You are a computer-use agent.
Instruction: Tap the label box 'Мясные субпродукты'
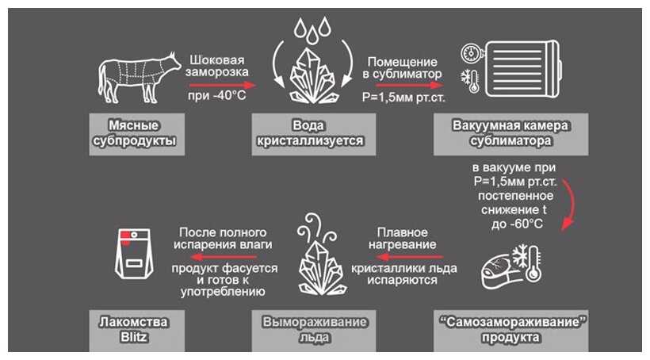137,134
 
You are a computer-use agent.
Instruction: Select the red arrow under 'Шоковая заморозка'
223,86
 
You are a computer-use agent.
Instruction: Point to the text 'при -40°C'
217,96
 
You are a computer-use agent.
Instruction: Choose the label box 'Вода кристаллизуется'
314,134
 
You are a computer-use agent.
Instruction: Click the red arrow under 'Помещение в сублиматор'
403,85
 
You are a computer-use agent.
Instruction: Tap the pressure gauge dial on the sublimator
471,53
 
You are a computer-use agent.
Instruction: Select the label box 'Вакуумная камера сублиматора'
510,134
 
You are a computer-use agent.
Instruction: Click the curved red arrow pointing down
572,203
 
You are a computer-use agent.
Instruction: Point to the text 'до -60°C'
517,224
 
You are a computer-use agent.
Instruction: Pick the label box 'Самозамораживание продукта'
510,331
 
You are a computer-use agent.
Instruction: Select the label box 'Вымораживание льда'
314,331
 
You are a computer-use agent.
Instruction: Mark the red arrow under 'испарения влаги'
225,257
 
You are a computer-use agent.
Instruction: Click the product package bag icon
134,253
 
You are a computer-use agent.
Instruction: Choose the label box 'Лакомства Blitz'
137,331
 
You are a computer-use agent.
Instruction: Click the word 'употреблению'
223,292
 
